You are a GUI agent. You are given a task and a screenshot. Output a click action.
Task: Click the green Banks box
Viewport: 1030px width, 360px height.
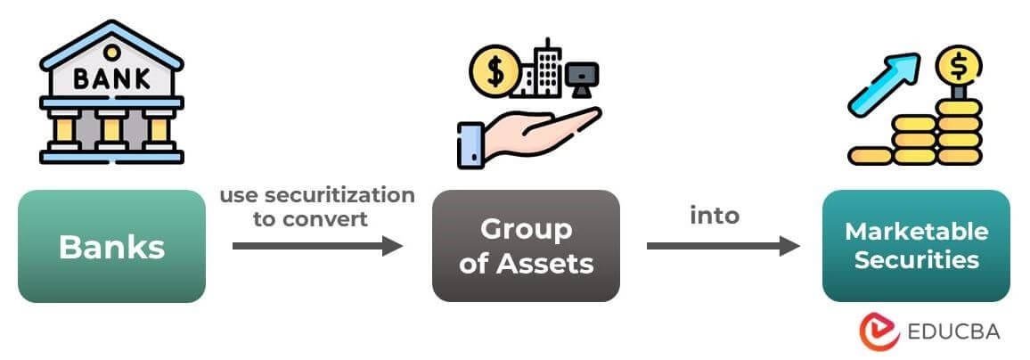(x=111, y=246)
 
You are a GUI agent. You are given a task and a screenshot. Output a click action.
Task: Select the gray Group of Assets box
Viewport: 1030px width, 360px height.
(x=526, y=246)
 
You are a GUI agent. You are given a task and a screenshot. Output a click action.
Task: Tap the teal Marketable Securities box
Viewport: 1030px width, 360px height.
(x=916, y=246)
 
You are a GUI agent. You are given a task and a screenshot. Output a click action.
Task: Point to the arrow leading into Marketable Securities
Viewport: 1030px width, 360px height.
(x=723, y=245)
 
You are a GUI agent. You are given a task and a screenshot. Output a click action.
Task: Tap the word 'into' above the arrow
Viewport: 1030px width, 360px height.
(x=715, y=216)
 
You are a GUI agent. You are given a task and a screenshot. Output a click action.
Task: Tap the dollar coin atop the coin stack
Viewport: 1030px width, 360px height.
(x=959, y=64)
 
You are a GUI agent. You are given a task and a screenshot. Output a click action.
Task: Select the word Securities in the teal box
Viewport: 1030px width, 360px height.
(x=916, y=261)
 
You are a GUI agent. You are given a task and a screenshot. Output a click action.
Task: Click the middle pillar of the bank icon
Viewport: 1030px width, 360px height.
(x=112, y=133)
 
